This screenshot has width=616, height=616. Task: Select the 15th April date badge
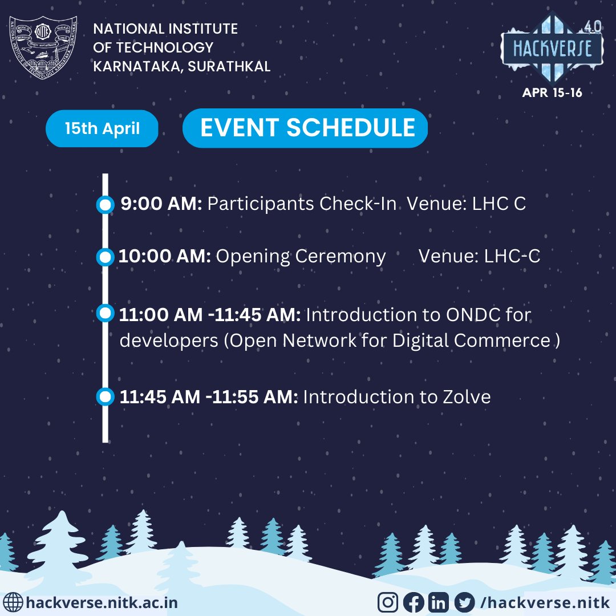tap(102, 128)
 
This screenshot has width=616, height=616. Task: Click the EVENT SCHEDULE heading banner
tap(305, 128)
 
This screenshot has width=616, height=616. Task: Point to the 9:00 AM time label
tap(161, 204)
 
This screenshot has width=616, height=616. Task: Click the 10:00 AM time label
tap(165, 257)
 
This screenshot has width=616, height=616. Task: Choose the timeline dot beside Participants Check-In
tap(105, 205)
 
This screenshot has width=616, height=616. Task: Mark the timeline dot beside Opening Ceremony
tap(105, 257)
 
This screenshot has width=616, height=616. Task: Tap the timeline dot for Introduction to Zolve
tap(105, 396)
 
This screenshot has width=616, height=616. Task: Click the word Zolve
tap(467, 396)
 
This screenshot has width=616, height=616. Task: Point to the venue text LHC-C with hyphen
tap(512, 257)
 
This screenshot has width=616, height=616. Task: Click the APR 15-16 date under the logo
tap(552, 92)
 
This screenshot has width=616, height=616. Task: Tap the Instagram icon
tap(388, 602)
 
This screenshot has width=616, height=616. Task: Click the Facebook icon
tap(413, 602)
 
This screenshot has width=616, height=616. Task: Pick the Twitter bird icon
tap(465, 602)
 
